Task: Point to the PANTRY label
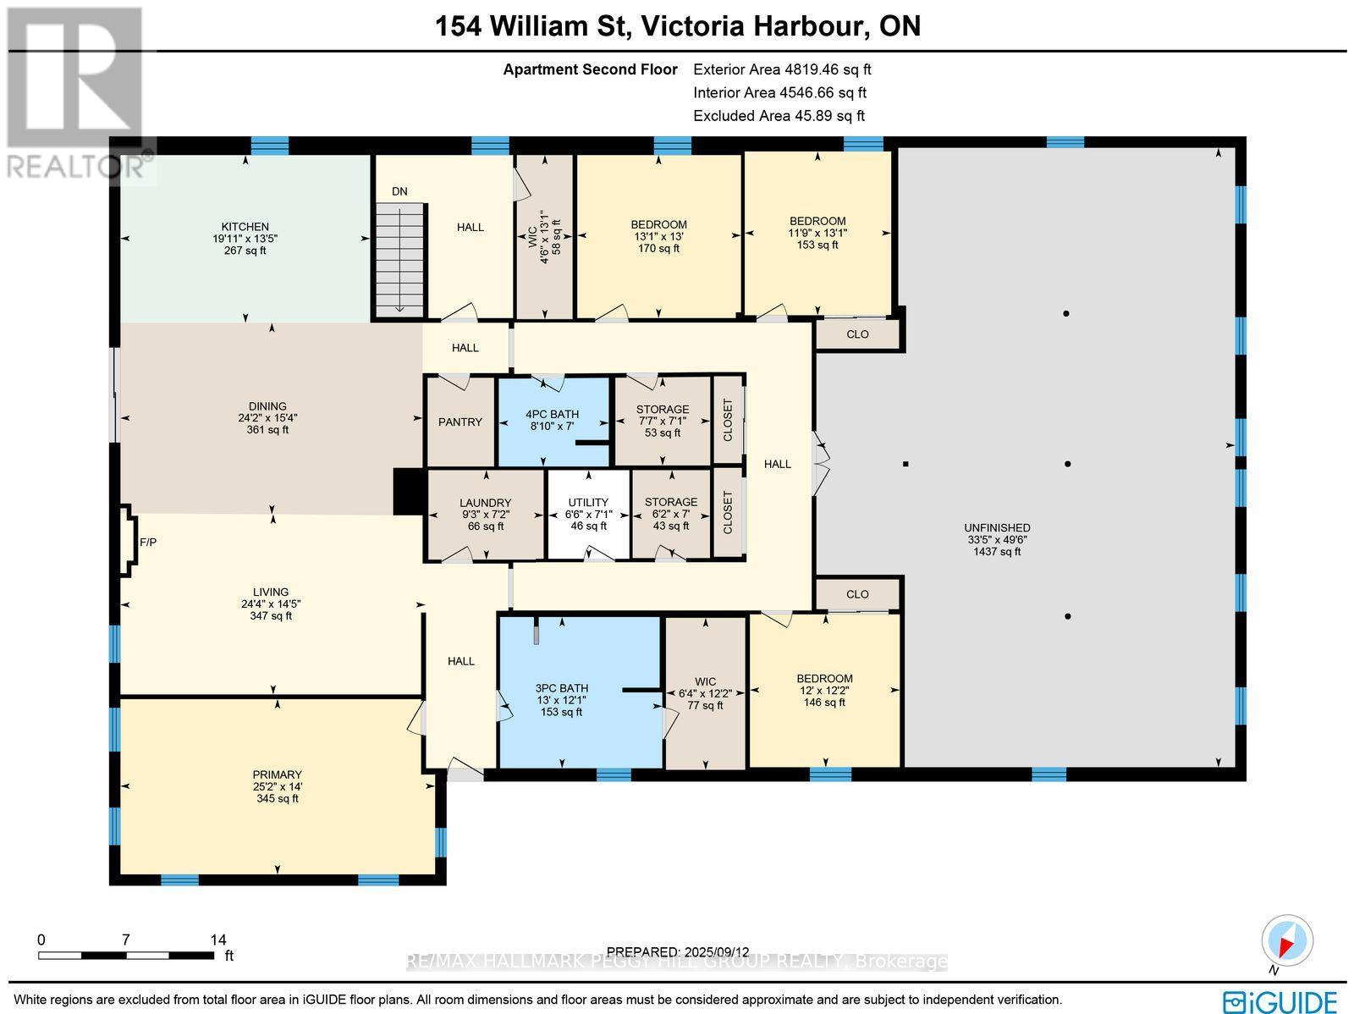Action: tap(460, 422)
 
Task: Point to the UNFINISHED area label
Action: tap(997, 539)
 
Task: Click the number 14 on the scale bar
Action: tap(218, 939)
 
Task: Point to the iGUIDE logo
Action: tap(1283, 1000)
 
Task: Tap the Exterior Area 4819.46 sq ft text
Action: tap(781, 69)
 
